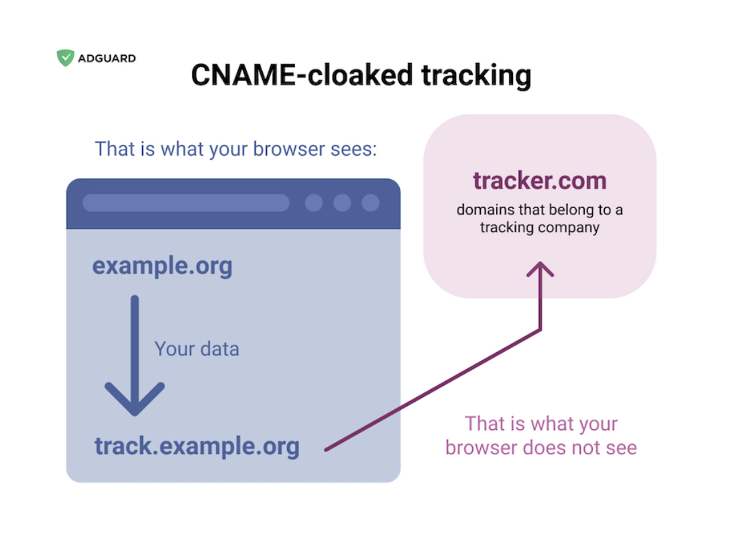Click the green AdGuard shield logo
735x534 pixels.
click(65, 58)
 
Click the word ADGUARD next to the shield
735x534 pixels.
click(107, 58)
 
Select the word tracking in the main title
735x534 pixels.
click(476, 76)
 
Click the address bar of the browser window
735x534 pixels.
click(186, 203)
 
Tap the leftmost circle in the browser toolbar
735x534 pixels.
click(314, 203)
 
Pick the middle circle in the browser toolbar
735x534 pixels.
click(342, 203)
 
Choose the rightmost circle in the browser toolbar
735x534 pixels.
click(370, 203)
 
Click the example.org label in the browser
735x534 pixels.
click(162, 266)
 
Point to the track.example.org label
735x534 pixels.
click(197, 446)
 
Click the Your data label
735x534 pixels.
click(197, 349)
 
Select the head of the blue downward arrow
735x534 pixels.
click(135, 398)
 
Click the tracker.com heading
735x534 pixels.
click(540, 180)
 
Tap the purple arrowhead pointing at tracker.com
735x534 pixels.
click(540, 269)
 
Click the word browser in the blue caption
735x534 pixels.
click(289, 149)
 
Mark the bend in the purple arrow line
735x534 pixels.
click(541, 331)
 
